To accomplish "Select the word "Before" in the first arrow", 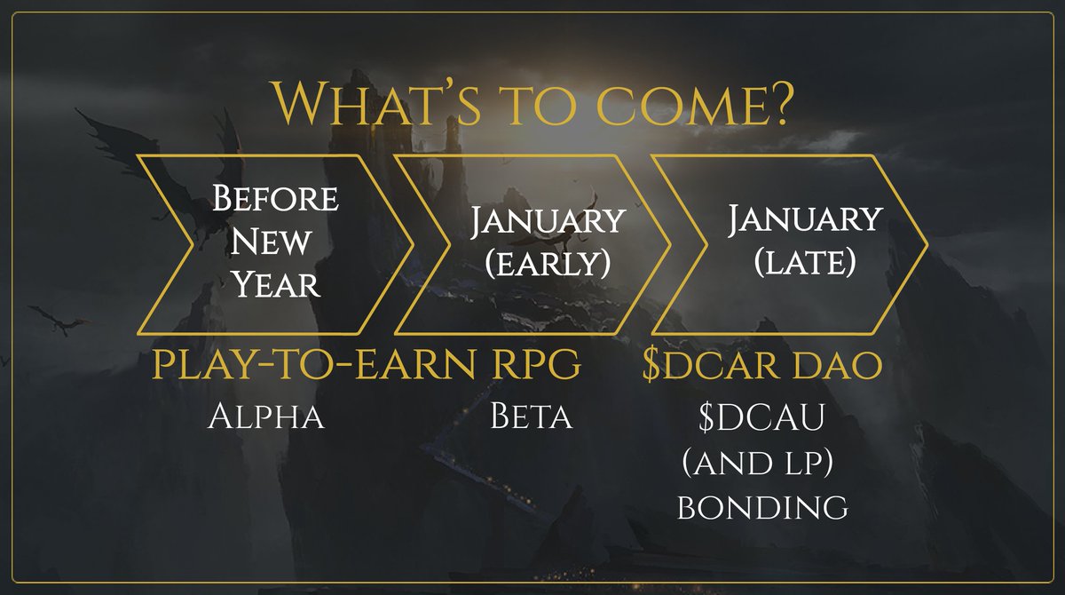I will coord(274,199).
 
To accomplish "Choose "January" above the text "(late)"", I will coord(805,218).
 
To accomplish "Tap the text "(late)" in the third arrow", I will coord(804,263).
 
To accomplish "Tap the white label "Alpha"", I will coord(266,416).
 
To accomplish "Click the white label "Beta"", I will coord(531,416).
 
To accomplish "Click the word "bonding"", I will coord(762,506).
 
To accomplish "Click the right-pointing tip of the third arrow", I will coord(926,241).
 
